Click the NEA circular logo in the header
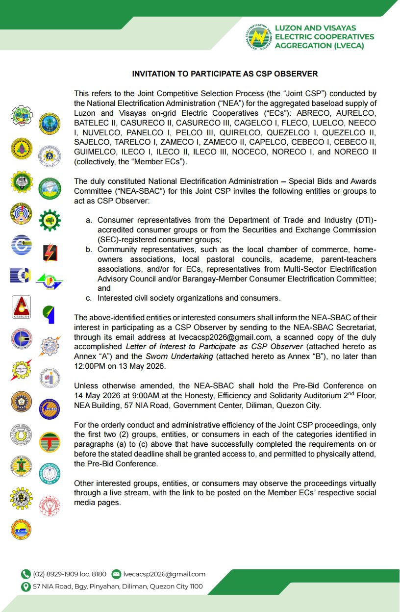tap(259, 37)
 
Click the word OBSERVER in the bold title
tap(296, 74)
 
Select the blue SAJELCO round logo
tap(49, 408)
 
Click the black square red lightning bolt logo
tap(50, 253)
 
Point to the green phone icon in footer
tap(25, 574)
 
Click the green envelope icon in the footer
tap(116, 574)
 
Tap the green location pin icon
tap(25, 586)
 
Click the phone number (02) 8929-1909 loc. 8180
tap(70, 574)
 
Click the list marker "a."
tap(89, 220)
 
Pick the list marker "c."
tap(89, 298)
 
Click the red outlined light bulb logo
tap(49, 505)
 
